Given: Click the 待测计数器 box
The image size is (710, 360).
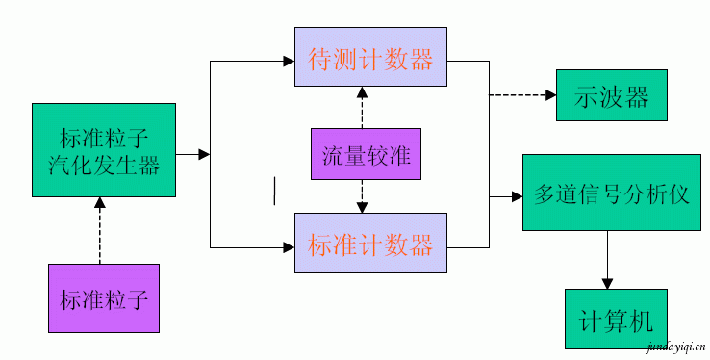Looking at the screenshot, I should pyautogui.click(x=370, y=60).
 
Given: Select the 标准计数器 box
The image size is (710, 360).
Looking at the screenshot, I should pyautogui.click(x=370, y=245).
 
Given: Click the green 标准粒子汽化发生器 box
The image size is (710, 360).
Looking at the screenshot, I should pyautogui.click(x=104, y=150).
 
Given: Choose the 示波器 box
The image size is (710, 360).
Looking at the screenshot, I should pyautogui.click(x=612, y=96).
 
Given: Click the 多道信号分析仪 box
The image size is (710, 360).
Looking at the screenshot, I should pyautogui.click(x=612, y=193).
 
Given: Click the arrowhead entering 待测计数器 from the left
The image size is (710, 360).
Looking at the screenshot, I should pyautogui.click(x=289, y=61).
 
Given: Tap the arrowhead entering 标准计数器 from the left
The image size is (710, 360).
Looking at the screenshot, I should pyautogui.click(x=289, y=247).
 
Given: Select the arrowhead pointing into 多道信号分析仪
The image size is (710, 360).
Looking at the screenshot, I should pyautogui.click(x=517, y=196).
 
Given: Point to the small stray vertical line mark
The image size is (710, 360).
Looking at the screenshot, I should pyautogui.click(x=275, y=190).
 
